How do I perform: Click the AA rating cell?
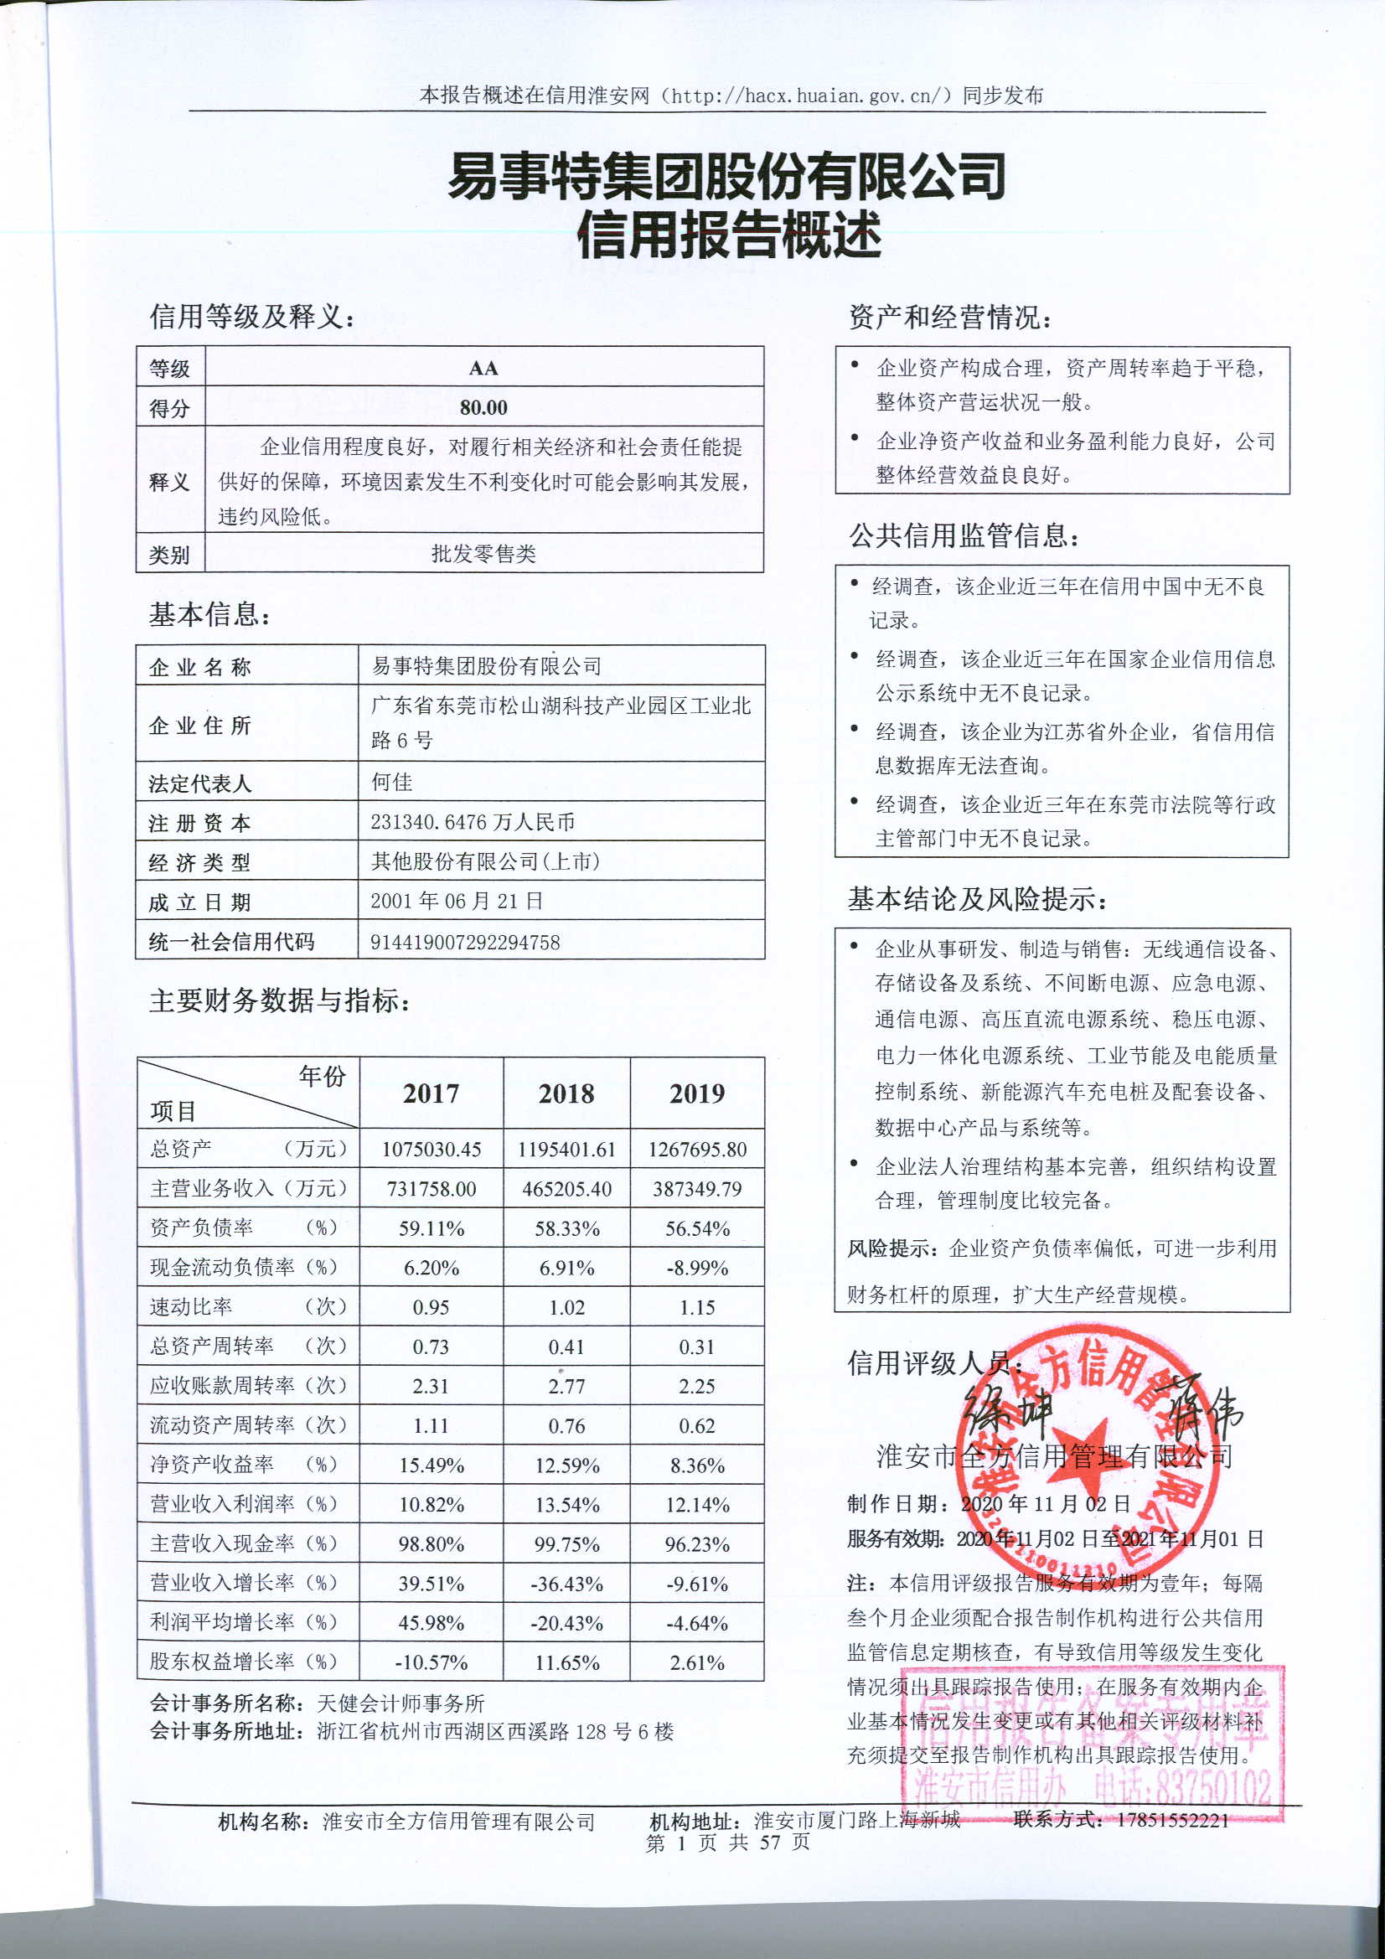pos(483,368)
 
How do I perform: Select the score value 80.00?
pos(483,408)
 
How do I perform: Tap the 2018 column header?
pos(566,1093)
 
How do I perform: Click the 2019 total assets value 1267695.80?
pos(697,1150)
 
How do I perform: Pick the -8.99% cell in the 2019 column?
pos(697,1268)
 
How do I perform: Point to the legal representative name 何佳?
pos(391,782)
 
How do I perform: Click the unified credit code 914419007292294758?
pos(465,942)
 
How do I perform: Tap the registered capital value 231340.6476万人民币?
pos(472,822)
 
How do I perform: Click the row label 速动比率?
pos(192,1307)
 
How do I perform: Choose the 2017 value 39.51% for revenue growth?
pos(431,1584)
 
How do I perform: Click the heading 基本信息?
pos(209,614)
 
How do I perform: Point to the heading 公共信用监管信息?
pos(964,535)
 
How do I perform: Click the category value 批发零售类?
pos(483,554)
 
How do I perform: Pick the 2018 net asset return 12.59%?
pos(566,1465)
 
